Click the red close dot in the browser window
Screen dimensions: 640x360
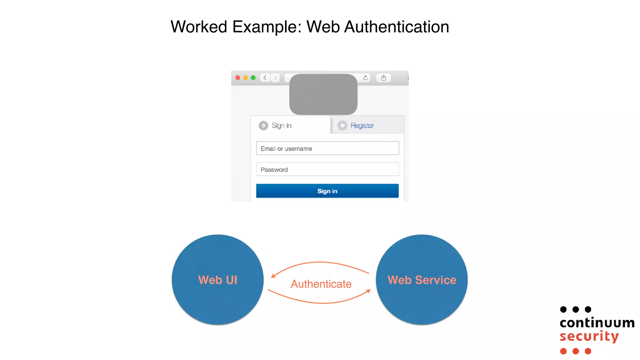click(238, 78)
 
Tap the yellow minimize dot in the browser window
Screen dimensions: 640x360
click(246, 78)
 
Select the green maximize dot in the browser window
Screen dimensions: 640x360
click(253, 78)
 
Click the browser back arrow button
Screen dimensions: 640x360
click(265, 78)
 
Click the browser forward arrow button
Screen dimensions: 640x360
click(275, 78)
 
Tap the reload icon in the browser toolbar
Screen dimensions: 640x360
click(365, 78)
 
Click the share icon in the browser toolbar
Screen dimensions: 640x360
click(383, 78)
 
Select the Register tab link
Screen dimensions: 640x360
click(362, 126)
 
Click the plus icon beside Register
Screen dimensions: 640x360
click(342, 126)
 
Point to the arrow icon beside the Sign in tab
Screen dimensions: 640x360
click(263, 126)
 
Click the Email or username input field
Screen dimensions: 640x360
click(327, 148)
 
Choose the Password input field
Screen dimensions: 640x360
click(327, 169)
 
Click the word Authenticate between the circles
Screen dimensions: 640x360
click(321, 284)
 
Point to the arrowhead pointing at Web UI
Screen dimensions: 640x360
click(273, 276)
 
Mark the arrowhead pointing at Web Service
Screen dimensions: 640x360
click(368, 291)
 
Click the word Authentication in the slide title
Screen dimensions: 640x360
click(397, 27)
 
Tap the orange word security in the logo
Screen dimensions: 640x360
click(589, 337)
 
